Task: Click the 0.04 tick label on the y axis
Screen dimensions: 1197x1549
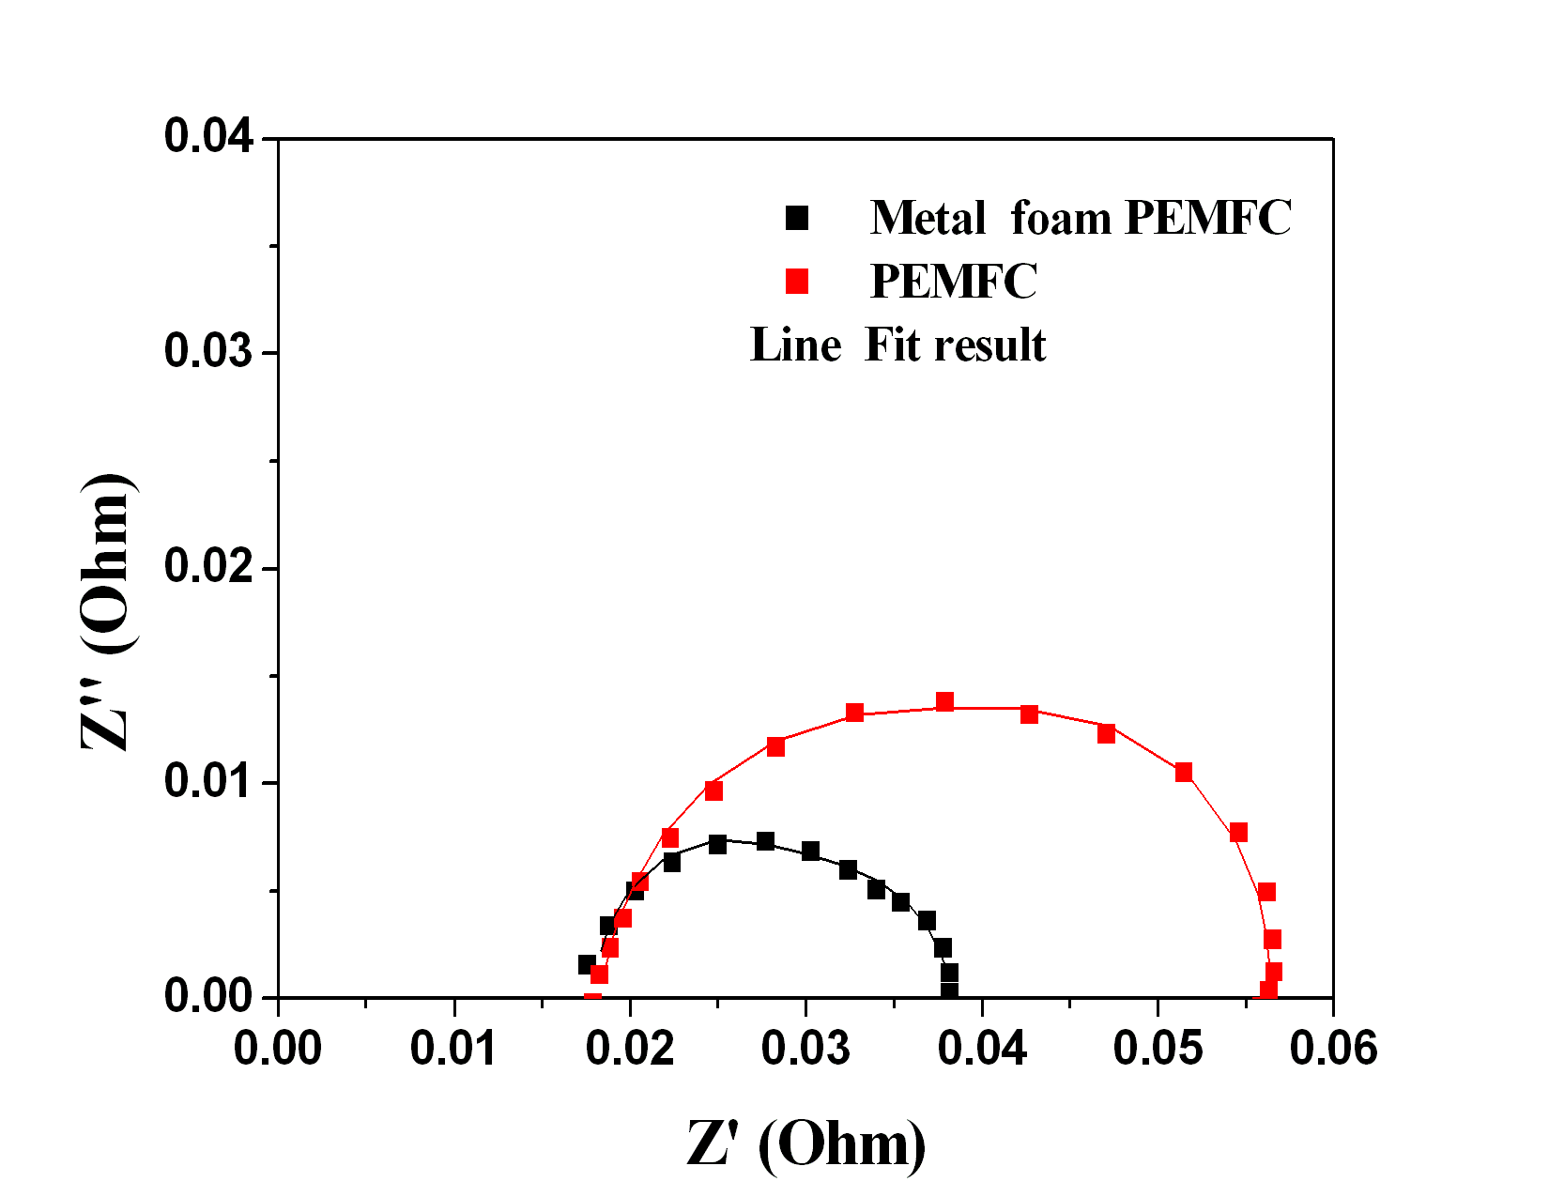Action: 208,137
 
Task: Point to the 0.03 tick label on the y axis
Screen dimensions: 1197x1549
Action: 208,352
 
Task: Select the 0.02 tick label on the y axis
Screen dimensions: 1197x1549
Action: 208,567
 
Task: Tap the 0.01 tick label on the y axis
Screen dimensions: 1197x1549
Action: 208,782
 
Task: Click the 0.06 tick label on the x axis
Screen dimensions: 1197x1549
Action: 1333,1048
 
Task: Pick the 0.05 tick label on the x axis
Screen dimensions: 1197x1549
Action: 1157,1048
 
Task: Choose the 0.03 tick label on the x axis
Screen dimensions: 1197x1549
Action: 805,1048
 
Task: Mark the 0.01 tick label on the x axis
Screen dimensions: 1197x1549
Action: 454,1048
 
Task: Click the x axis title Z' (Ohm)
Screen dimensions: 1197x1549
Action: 805,1144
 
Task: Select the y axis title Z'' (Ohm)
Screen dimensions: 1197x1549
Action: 109,611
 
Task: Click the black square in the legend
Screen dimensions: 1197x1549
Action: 797,218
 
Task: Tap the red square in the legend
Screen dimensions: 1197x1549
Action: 797,281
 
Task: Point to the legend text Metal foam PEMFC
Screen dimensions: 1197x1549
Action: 1081,218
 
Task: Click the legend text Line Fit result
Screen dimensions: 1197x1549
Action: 897,345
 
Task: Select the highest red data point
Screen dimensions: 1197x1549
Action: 944,702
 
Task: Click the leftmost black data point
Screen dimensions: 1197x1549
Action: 587,964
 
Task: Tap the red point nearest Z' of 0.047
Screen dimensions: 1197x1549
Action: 1106,733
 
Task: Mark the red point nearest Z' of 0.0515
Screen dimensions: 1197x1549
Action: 1183,772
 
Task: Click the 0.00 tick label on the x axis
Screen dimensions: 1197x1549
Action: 278,1048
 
